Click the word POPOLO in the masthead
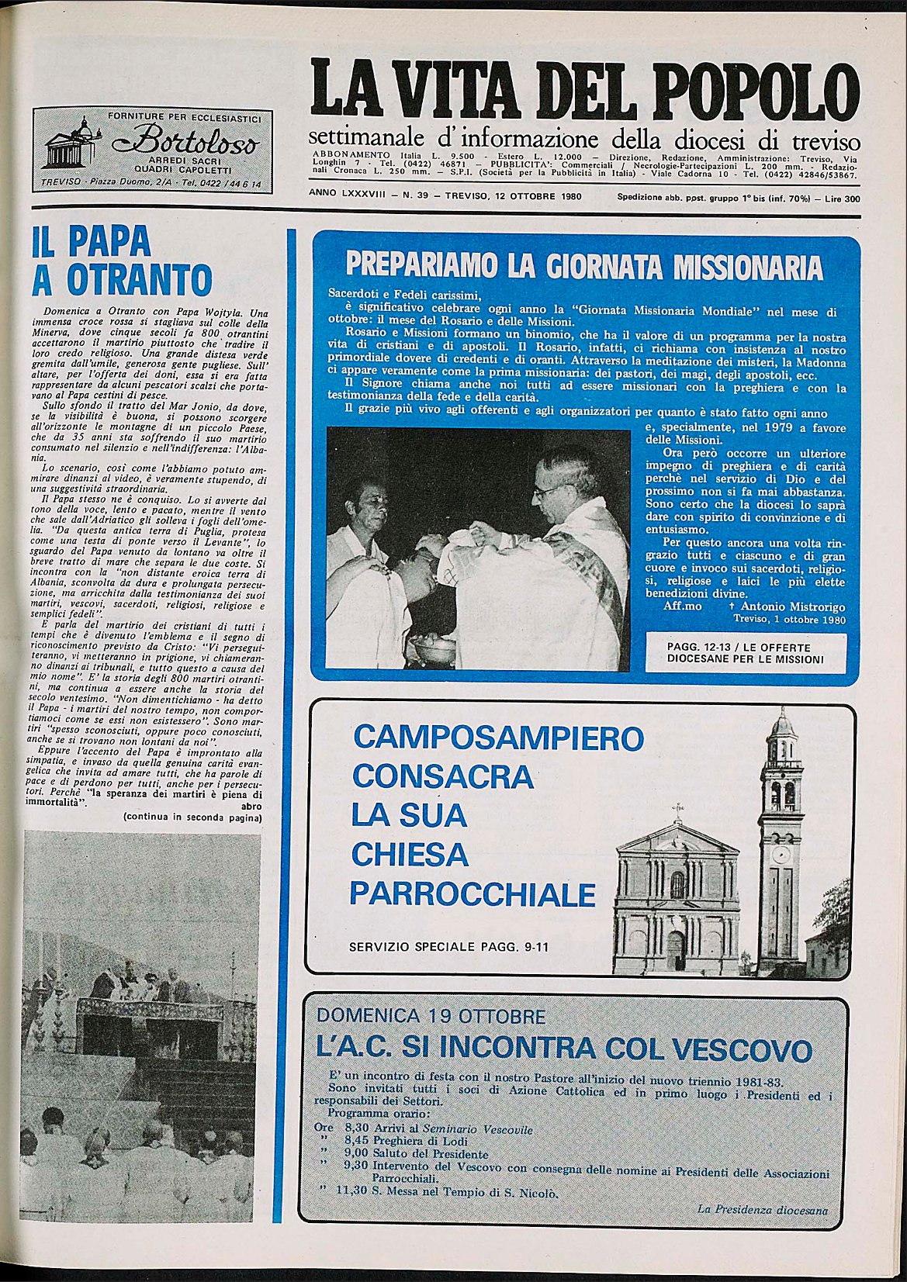click(757, 92)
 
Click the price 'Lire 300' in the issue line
click(842, 199)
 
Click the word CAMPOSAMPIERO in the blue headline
click(498, 738)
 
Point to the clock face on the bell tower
click(781, 855)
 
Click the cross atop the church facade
click(678, 810)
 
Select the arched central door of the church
click(677, 949)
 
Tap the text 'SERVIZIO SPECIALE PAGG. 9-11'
click(448, 947)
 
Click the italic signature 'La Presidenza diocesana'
click(762, 1210)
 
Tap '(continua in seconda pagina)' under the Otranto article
click(192, 817)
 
